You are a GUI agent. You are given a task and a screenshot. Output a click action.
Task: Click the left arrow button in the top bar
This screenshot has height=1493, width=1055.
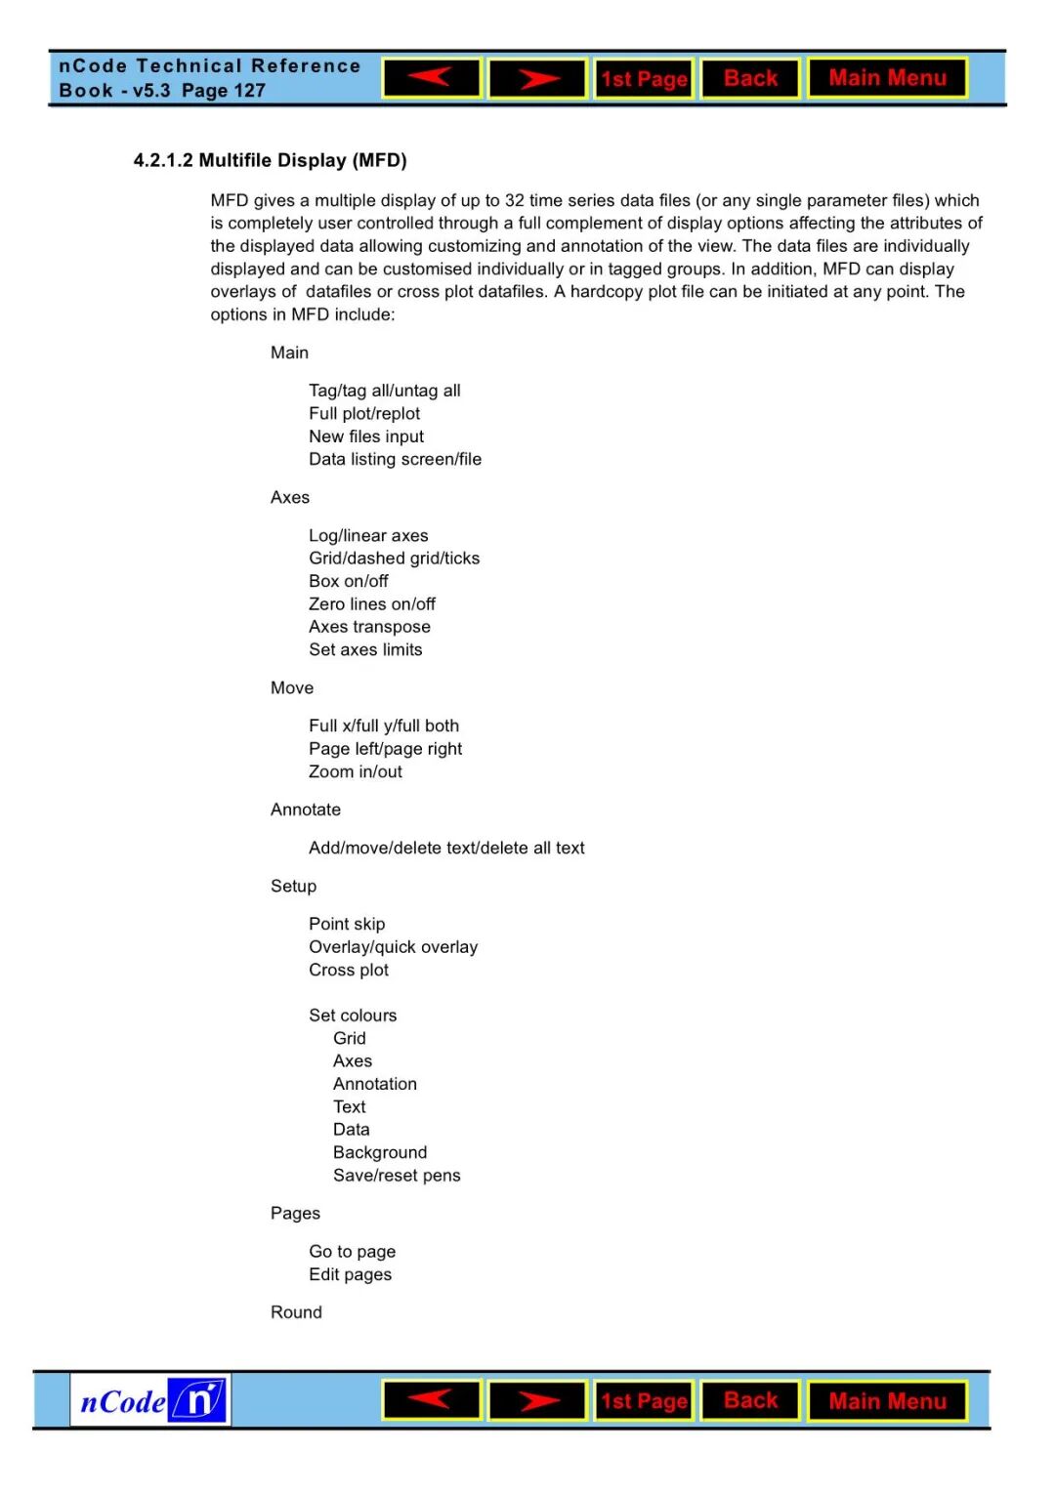click(432, 78)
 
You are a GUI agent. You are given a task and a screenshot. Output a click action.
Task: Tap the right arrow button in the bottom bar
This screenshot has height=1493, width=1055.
click(537, 1401)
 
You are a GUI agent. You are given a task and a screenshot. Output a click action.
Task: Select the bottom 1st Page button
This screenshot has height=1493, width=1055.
click(644, 1401)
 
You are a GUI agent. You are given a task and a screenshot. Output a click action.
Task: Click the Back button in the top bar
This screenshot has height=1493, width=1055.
click(750, 78)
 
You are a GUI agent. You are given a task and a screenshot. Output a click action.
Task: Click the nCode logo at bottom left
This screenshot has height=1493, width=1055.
click(151, 1401)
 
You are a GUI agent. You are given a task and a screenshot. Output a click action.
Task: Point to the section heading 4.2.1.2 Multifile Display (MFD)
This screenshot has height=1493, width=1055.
click(270, 160)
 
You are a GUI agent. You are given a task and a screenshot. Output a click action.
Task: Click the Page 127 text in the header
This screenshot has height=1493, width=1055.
click(224, 91)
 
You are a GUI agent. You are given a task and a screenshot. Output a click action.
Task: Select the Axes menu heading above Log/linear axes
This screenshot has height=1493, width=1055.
click(290, 497)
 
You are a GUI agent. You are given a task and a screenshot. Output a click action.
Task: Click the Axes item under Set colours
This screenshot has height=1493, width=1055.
click(353, 1061)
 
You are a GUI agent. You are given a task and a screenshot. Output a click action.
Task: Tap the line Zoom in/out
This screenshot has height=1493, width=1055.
click(356, 771)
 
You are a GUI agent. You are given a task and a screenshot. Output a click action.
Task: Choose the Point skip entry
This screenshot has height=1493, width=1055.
click(347, 924)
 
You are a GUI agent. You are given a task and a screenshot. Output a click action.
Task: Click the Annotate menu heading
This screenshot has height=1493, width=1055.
click(306, 809)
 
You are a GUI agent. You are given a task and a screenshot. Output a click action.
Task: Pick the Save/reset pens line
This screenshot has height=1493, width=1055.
click(397, 1176)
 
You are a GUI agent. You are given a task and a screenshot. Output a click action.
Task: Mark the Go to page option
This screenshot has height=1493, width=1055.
click(353, 1252)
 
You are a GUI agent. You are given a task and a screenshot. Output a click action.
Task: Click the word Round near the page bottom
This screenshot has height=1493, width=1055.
click(296, 1312)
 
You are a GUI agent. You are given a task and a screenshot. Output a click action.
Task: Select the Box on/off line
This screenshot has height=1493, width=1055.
click(349, 581)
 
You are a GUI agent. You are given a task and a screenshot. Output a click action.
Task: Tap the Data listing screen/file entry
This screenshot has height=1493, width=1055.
click(396, 459)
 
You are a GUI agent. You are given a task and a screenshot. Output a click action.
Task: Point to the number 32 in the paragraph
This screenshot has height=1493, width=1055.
click(515, 200)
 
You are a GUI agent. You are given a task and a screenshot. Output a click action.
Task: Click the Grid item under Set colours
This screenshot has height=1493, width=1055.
click(350, 1038)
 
